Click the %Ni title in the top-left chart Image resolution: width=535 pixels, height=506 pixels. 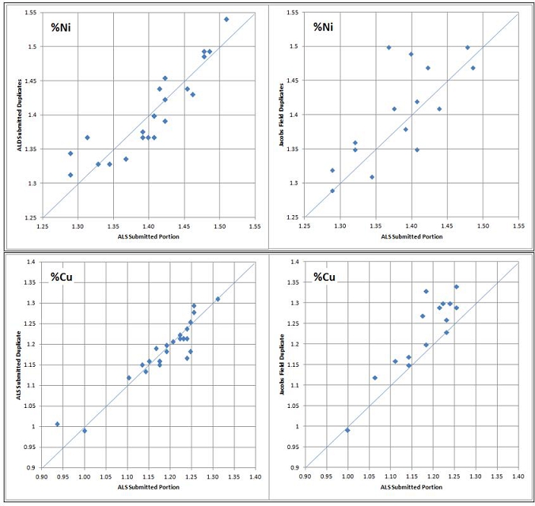[64, 27]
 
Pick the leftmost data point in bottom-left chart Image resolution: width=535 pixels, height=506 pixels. [57, 424]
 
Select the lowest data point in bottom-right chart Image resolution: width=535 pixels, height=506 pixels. [347, 430]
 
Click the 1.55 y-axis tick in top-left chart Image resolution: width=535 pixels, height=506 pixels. [28, 13]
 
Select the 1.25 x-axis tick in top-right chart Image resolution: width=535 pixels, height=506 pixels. [305, 225]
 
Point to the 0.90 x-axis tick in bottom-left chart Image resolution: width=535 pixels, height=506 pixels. [42, 476]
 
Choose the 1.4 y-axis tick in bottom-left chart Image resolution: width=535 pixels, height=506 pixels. [29, 262]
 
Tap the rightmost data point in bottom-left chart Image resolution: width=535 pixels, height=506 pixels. [218, 299]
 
